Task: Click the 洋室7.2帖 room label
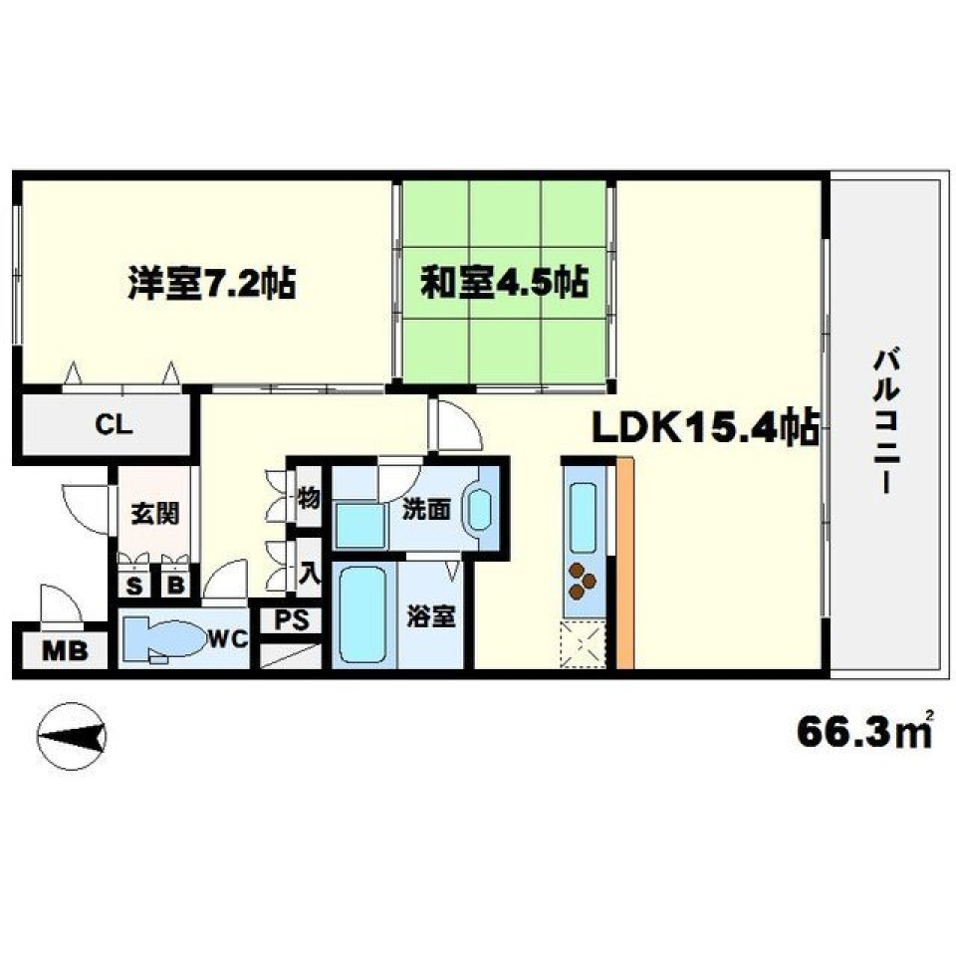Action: pyautogui.click(x=210, y=284)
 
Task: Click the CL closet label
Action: pyautogui.click(x=113, y=425)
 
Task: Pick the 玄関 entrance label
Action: pyautogui.click(x=155, y=515)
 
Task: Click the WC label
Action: pyautogui.click(x=228, y=639)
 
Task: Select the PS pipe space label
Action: pyautogui.click(x=291, y=619)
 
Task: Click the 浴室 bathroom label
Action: pyautogui.click(x=431, y=617)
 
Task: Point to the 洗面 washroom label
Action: pyautogui.click(x=426, y=509)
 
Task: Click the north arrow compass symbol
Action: pyautogui.click(x=71, y=737)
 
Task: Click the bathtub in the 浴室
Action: pyautogui.click(x=361, y=614)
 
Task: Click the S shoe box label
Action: pyautogui.click(x=132, y=585)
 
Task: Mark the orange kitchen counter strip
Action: pyautogui.click(x=624, y=563)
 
